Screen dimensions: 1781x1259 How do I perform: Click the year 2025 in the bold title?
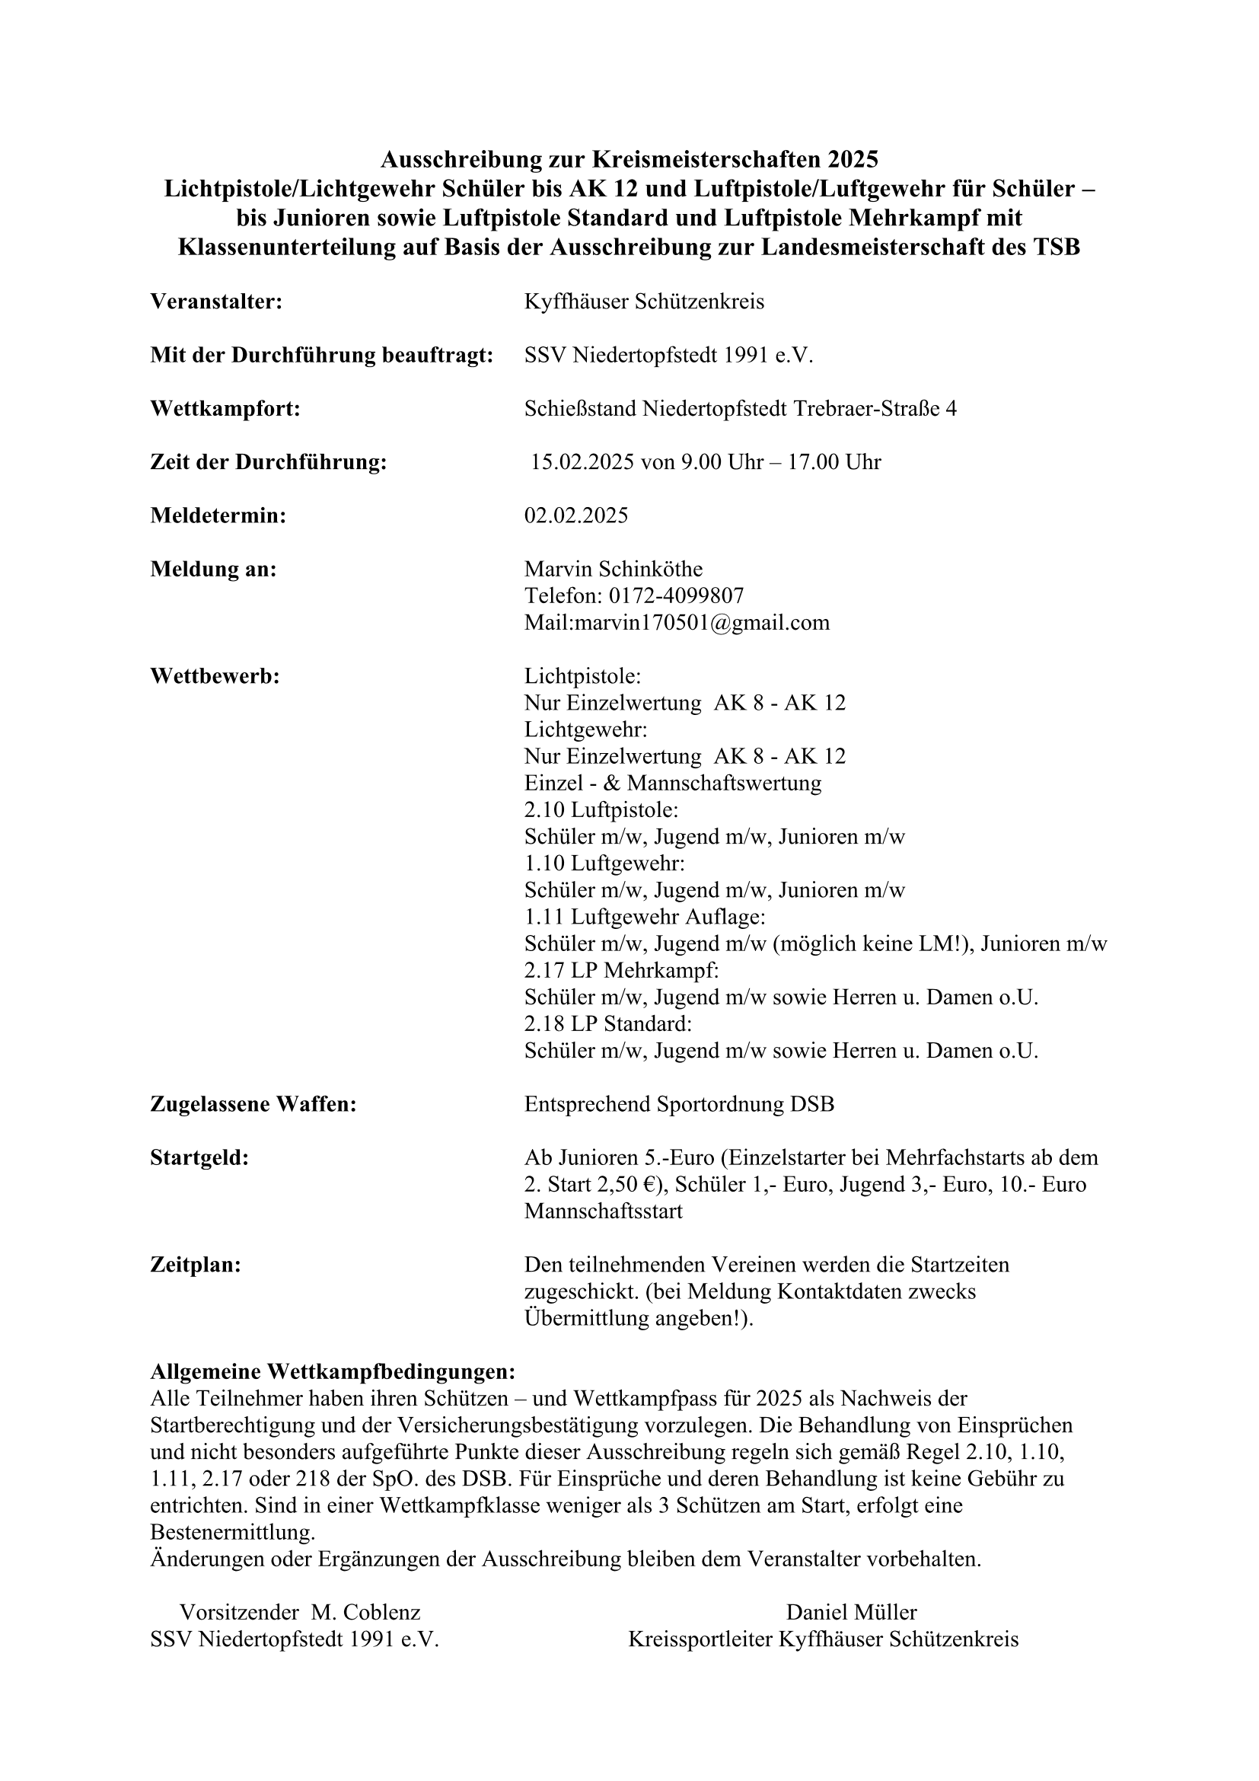click(851, 160)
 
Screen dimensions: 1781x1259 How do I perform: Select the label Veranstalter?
click(216, 302)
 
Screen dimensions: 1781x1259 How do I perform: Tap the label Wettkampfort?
click(225, 409)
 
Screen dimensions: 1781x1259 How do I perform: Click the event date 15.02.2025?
click(582, 462)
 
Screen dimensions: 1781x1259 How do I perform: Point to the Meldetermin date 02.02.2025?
click(576, 515)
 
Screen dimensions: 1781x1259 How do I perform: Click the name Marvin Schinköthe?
click(614, 570)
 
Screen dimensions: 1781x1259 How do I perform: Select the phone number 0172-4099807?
click(676, 595)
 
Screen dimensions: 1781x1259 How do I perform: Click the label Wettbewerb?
click(215, 676)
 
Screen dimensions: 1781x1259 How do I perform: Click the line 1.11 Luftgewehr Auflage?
click(645, 917)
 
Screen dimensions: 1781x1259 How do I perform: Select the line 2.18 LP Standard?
click(607, 1024)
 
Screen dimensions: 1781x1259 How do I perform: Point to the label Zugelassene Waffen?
click(253, 1104)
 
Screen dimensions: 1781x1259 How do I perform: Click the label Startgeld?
click(199, 1158)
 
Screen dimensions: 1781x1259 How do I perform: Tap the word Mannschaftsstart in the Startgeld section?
click(603, 1211)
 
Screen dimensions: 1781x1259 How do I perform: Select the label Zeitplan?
click(196, 1266)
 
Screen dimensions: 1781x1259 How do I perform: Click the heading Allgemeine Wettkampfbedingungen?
click(333, 1371)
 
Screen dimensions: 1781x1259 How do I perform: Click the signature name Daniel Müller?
click(851, 1613)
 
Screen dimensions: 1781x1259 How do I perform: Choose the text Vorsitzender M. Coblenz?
click(300, 1613)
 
